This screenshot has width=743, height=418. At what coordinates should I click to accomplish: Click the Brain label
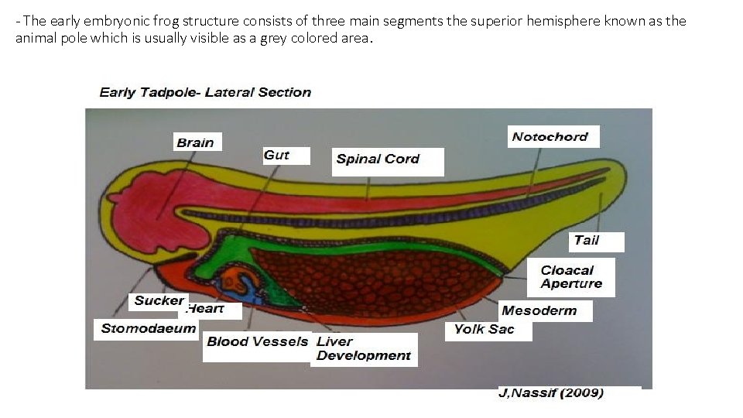[x=195, y=142]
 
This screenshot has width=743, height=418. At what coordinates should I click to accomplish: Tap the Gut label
[x=276, y=155]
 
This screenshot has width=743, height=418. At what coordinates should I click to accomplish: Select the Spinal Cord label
[x=378, y=159]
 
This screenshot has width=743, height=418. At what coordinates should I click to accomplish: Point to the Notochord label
[x=550, y=137]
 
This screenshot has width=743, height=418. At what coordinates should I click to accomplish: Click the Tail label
[x=587, y=240]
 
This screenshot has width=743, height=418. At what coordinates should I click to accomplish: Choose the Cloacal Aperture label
[x=571, y=276]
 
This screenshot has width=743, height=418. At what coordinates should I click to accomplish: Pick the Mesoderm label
[x=539, y=310]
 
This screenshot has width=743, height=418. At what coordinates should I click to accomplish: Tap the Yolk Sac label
[x=484, y=329]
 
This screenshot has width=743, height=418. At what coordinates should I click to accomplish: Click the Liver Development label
[x=363, y=348]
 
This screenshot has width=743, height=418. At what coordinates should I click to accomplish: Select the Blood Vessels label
[x=257, y=341]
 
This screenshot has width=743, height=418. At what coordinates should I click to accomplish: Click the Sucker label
[x=159, y=300]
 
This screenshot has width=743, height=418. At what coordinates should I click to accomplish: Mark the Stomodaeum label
[x=149, y=328]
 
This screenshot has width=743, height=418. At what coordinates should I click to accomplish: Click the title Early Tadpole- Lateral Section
[x=205, y=92]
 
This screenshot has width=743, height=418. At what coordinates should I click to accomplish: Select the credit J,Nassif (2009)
[x=551, y=392]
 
